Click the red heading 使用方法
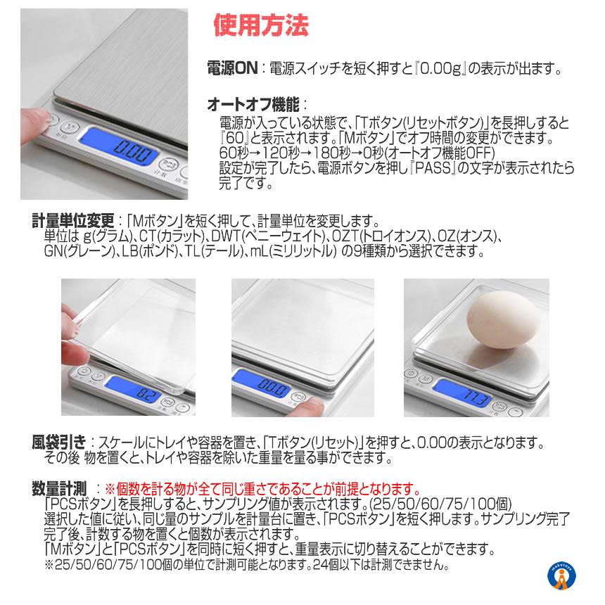(x=261, y=25)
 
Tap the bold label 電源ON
(x=232, y=69)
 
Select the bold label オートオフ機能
(x=253, y=104)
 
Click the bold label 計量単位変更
(x=73, y=221)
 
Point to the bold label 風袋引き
(x=59, y=442)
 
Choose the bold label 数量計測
(x=59, y=489)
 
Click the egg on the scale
(x=502, y=320)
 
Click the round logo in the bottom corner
(x=561, y=576)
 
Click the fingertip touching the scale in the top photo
(x=37, y=122)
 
